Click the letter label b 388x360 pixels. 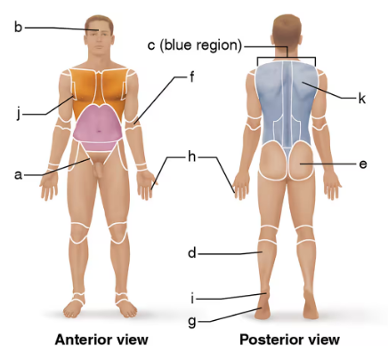[x=18, y=27]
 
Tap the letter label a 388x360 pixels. [x=18, y=175]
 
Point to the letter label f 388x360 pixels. [x=191, y=76]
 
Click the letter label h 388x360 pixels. [x=191, y=156]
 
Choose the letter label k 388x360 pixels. [x=362, y=98]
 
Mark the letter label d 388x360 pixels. [x=191, y=253]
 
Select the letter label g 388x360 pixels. [x=192, y=320]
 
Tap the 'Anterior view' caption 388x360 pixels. [x=101, y=340]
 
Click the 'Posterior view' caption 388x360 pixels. [x=289, y=340]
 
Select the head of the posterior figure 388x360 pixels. [x=287, y=32]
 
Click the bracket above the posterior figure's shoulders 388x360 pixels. [x=287, y=60]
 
